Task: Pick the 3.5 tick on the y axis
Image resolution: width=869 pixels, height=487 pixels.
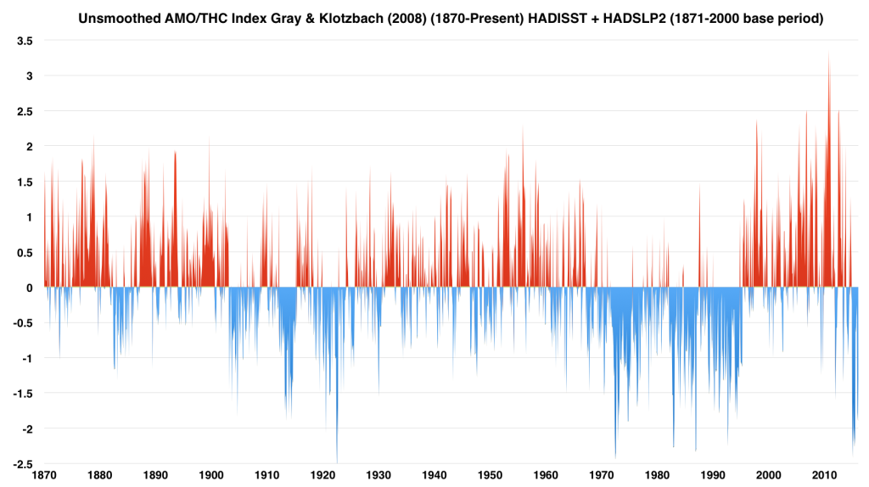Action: (25, 41)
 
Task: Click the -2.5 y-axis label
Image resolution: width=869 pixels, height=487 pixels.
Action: (22, 464)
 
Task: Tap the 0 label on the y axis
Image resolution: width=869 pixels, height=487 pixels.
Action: (30, 288)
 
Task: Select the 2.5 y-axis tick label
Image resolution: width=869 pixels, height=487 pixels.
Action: (25, 111)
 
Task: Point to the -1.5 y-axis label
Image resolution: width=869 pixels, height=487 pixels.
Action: (22, 394)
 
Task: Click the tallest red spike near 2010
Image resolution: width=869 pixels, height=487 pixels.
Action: (828, 53)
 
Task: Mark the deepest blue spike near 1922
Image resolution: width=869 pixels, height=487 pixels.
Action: (337, 461)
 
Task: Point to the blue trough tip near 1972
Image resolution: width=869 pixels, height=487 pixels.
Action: (615, 457)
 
